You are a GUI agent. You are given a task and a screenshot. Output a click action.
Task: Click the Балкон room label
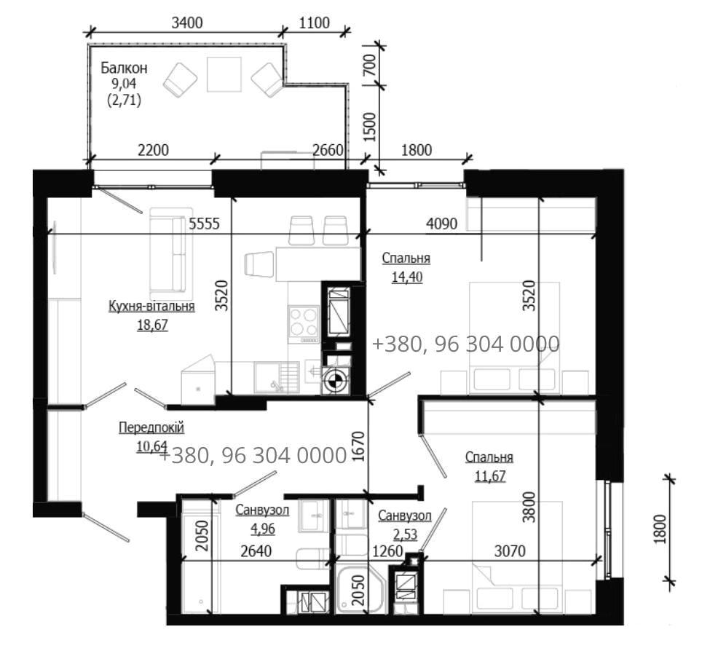[x=124, y=68]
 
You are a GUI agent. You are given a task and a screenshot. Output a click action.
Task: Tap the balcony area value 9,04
[x=124, y=84]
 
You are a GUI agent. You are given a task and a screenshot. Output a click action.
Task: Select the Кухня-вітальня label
[x=151, y=306]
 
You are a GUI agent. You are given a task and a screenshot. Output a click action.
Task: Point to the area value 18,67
[x=152, y=325]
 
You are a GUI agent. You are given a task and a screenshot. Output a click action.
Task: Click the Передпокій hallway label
[x=151, y=428]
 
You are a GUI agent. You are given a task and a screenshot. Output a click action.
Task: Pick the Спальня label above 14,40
[x=406, y=258]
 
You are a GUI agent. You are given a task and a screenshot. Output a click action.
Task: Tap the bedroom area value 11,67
[x=490, y=475]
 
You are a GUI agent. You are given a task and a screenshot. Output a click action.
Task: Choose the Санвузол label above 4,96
[x=262, y=510]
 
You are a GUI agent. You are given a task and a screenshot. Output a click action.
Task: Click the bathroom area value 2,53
[x=405, y=534]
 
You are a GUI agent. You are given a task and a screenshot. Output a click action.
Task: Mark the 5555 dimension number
[x=204, y=224]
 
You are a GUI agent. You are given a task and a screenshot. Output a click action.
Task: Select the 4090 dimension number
[x=441, y=224]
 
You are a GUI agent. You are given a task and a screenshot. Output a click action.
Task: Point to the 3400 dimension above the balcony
[x=187, y=23]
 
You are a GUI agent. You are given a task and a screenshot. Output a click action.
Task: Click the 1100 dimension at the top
[x=315, y=23]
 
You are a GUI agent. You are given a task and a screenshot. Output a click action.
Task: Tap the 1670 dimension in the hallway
[x=358, y=446]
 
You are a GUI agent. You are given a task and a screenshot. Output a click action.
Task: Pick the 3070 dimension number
[x=510, y=551]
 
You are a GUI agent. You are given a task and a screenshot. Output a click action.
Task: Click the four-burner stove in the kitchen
[x=304, y=323]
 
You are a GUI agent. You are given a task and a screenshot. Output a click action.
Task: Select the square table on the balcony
[x=224, y=74]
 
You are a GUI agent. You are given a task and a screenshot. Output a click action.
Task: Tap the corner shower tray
[x=360, y=589]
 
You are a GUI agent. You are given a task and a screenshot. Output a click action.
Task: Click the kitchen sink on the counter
[x=277, y=377]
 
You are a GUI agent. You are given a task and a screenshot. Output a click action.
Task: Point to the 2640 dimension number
[x=256, y=551]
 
